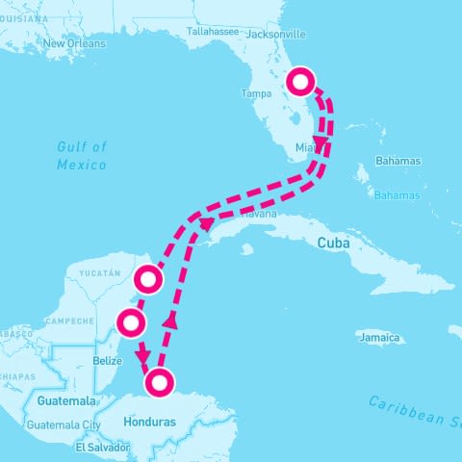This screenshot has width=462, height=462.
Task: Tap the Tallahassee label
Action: tap(211, 31)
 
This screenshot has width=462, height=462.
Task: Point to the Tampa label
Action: tap(256, 94)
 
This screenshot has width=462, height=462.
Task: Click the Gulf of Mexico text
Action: tap(81, 155)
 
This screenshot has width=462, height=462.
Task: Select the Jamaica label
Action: tap(377, 338)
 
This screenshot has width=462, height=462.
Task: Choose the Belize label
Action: tap(108, 361)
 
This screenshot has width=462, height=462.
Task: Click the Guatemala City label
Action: tap(64, 424)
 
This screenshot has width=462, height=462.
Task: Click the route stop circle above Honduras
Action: tap(160, 382)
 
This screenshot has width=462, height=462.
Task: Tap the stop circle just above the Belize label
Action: tap(132, 322)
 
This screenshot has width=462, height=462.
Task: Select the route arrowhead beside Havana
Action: tap(206, 224)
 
